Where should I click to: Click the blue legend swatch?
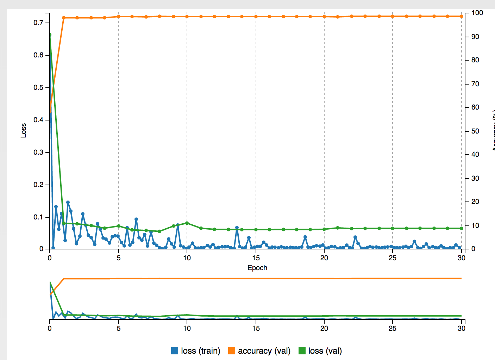[175, 351]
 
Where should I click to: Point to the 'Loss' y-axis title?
[24, 130]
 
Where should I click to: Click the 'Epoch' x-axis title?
[257, 268]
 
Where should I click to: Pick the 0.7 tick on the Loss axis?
[38, 23]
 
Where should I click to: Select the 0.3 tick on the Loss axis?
[38, 152]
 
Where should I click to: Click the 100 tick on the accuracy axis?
[477, 13]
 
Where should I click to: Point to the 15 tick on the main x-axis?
[256, 258]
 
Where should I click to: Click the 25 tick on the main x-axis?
[393, 258]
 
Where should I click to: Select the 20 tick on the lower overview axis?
[324, 328]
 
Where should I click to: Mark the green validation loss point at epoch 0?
[50, 35]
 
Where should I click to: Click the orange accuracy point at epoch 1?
[64, 18]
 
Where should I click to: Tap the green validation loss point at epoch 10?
[187, 223]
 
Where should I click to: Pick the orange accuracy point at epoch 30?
[462, 16]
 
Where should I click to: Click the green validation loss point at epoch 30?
[462, 228]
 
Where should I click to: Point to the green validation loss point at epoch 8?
[159, 231]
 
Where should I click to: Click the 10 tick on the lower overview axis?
[187, 328]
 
